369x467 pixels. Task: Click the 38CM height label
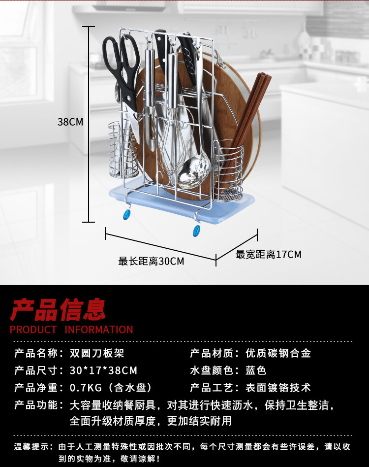[x=70, y=122]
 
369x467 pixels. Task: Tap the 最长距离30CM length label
[x=151, y=261]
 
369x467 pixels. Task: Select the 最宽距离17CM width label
[x=268, y=255]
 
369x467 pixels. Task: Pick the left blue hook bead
[x=127, y=215]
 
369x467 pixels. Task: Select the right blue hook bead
[x=197, y=230]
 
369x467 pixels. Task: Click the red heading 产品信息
[x=58, y=310]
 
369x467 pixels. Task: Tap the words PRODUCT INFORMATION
[x=71, y=330]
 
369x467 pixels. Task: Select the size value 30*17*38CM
[x=103, y=370]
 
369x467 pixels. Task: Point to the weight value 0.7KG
[x=85, y=388]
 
